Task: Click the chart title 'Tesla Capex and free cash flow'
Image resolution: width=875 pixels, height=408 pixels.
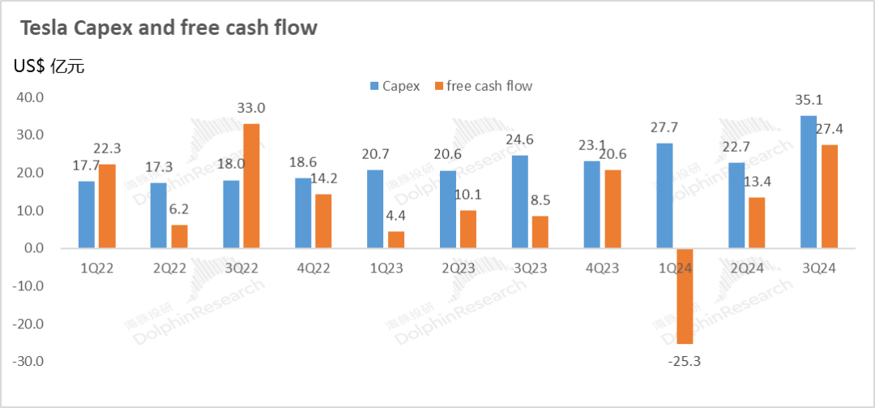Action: tap(169, 28)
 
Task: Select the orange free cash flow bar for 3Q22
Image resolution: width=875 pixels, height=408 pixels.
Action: tap(251, 186)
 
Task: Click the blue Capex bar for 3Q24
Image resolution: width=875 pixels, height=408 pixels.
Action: tap(808, 182)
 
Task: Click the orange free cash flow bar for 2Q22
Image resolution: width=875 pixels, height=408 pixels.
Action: tap(179, 236)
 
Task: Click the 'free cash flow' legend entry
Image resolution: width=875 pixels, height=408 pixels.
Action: tap(484, 85)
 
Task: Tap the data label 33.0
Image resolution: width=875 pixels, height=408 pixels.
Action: tap(251, 108)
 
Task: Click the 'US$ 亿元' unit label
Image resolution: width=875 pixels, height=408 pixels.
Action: tap(49, 66)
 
